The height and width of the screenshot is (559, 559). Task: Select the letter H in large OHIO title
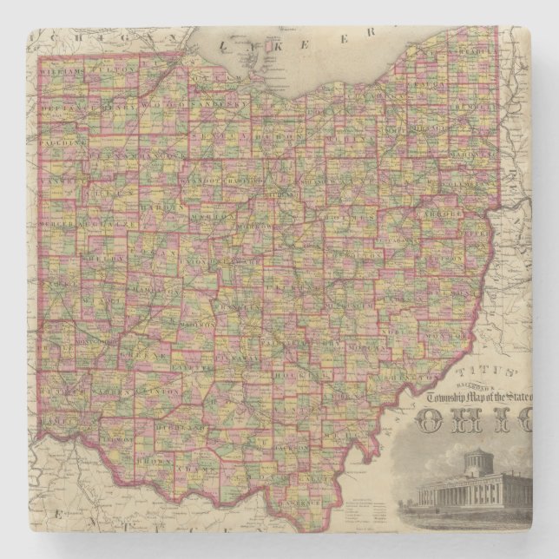(x=474, y=421)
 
